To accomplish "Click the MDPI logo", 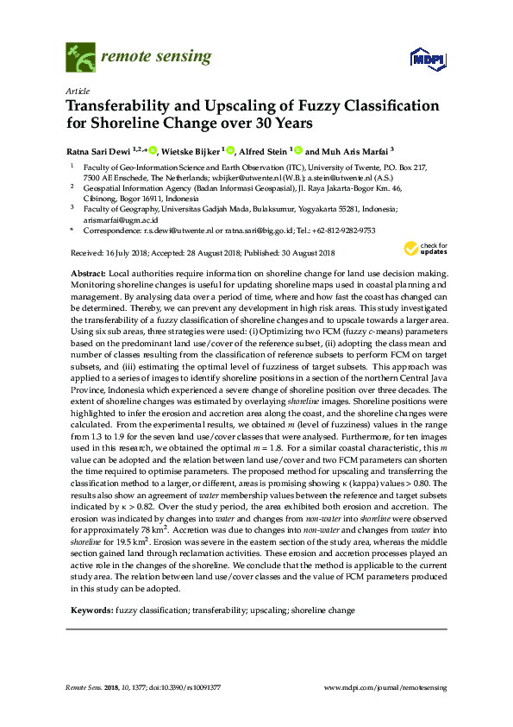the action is click(x=423, y=59).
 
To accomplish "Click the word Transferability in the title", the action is click(x=125, y=106).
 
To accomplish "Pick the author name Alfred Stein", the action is click(x=265, y=149).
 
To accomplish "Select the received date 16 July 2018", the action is click(x=128, y=252).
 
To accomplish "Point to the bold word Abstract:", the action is click(x=88, y=273).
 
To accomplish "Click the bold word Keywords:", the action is click(x=91, y=610).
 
